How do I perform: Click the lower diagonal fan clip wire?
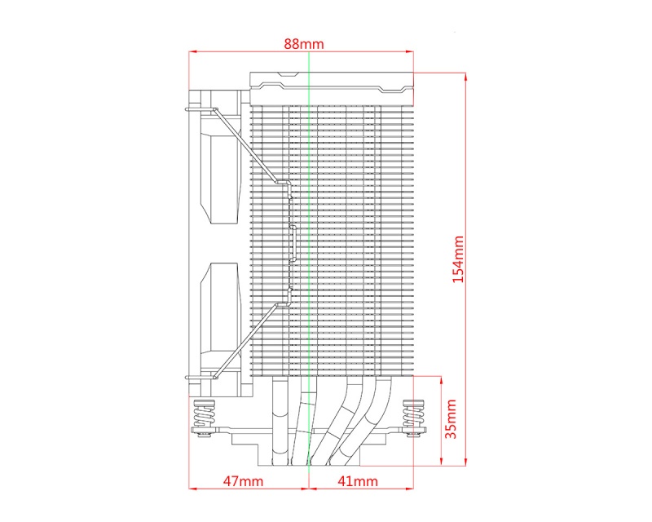tap(244, 338)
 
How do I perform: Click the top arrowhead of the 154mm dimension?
tap(465, 74)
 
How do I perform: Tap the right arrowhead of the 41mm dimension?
tap(409, 490)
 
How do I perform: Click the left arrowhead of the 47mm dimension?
tap(192, 490)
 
